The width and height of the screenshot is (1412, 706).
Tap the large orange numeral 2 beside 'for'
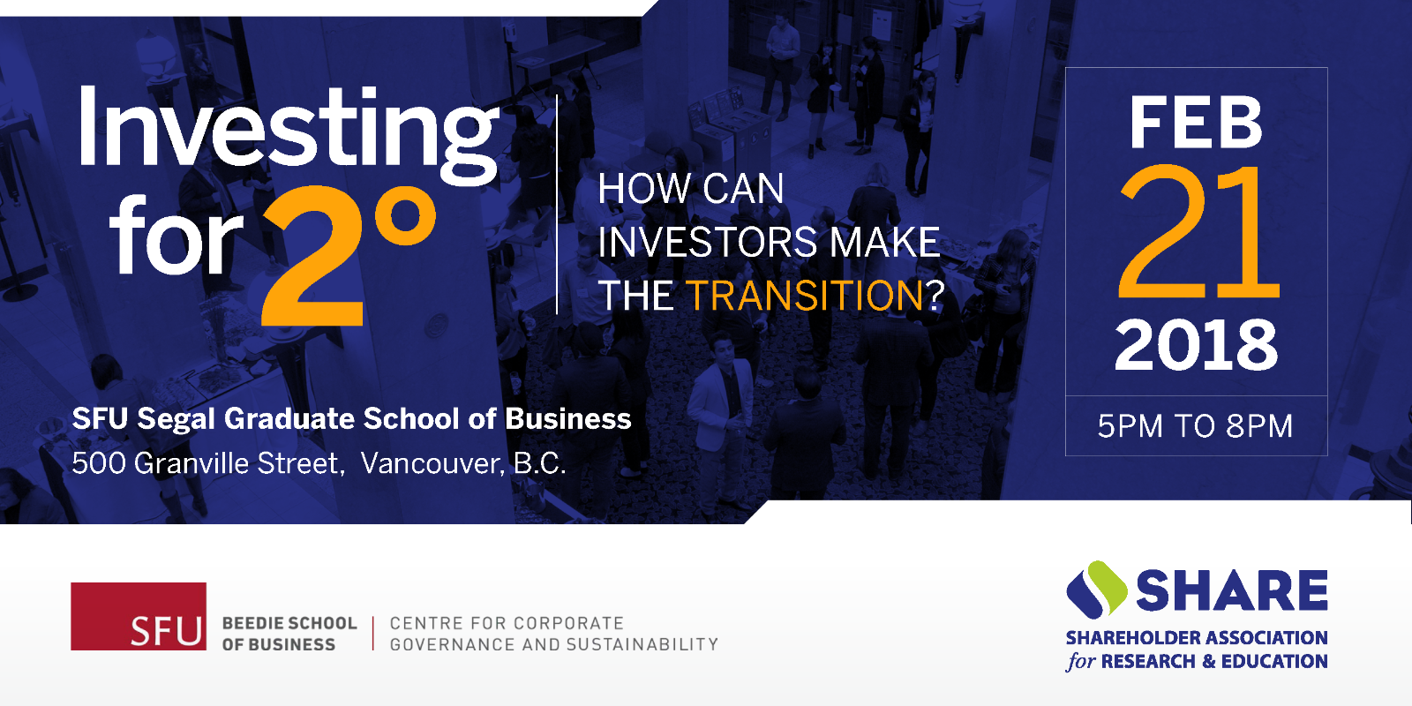click(312, 256)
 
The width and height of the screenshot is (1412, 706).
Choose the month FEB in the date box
click(1196, 123)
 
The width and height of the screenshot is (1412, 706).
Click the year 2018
click(1196, 345)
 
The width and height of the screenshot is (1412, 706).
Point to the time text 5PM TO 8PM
click(1195, 426)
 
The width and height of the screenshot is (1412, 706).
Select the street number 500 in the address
click(98, 463)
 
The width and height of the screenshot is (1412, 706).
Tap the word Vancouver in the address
click(432, 463)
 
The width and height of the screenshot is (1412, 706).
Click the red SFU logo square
click(139, 616)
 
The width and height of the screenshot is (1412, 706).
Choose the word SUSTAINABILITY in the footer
click(642, 644)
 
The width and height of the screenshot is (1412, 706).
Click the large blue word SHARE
click(1232, 590)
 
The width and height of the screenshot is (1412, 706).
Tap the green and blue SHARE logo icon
click(1097, 590)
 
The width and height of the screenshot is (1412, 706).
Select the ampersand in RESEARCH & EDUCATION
click(1208, 661)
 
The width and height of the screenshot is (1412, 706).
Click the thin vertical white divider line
click(557, 204)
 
